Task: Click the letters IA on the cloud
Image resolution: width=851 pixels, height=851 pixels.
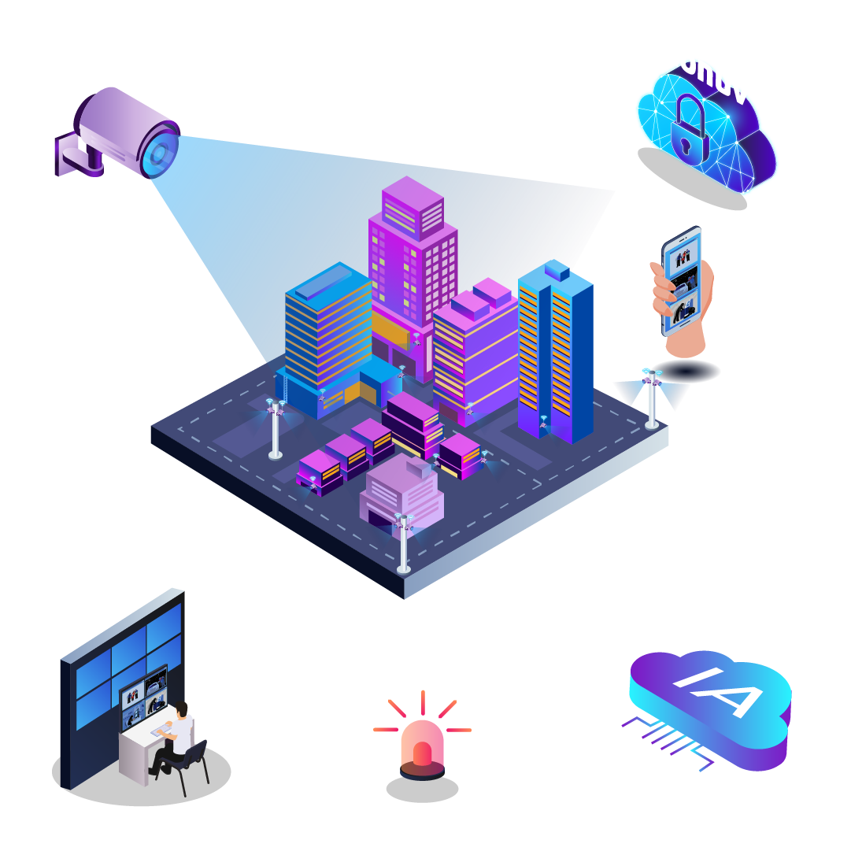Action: (x=718, y=690)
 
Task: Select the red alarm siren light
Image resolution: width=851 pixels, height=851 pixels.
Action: (x=422, y=743)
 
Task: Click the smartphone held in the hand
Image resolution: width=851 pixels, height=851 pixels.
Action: (x=681, y=279)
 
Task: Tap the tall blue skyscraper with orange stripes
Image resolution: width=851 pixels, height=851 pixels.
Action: (x=555, y=350)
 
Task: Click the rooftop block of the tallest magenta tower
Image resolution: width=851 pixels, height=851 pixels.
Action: (x=413, y=206)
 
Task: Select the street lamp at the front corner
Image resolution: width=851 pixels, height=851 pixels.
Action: (x=404, y=543)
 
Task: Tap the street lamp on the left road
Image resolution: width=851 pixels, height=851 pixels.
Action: (x=275, y=429)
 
